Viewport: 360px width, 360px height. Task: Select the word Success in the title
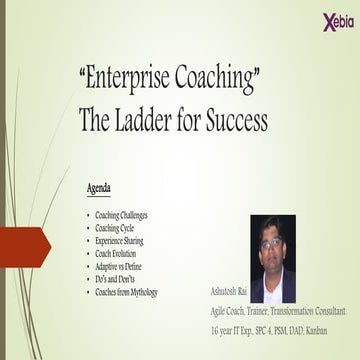point(233,121)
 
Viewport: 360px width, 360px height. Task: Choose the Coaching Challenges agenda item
point(122,216)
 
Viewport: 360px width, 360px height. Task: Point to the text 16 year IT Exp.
point(244,331)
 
